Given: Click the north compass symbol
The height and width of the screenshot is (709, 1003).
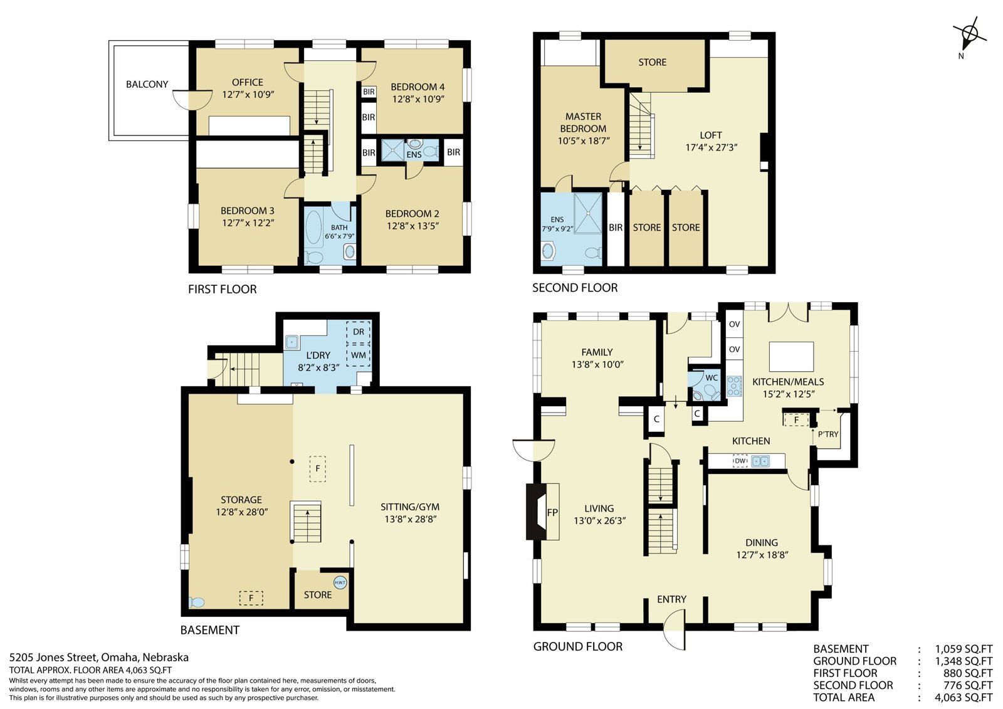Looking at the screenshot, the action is tap(969, 34).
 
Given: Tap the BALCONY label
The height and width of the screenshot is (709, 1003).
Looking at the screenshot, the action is tap(147, 84).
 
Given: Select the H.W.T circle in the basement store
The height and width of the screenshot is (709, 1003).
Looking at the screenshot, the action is tap(340, 582).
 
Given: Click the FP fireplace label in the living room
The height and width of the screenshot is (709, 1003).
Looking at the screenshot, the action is tap(552, 512).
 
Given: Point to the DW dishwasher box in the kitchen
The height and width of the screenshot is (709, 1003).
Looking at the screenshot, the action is tap(740, 461).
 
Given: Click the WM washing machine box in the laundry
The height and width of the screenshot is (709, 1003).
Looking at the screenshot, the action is tap(358, 355).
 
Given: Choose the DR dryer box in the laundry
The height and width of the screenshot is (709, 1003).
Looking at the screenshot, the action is tap(358, 332).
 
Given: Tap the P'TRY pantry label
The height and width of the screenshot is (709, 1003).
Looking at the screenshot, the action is tap(828, 434).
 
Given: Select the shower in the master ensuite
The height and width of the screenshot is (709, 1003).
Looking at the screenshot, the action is tap(588, 213).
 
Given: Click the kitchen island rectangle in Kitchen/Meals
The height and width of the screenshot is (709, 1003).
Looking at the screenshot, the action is tap(791, 357).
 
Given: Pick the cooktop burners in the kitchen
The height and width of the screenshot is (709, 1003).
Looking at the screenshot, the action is tap(734, 386).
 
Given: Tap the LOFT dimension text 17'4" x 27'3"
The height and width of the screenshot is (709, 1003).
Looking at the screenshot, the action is tap(711, 147).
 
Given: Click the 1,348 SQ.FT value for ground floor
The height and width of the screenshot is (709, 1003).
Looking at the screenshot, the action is tap(964, 661).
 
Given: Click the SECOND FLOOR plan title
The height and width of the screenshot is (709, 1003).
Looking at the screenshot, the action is tap(575, 288).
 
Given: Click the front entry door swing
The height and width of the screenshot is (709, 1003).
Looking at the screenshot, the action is tap(674, 631).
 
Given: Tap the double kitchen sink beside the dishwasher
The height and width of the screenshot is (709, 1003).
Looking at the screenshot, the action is tap(760, 461).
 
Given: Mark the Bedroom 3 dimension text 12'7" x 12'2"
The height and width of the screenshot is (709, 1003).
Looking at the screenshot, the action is tap(248, 223).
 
